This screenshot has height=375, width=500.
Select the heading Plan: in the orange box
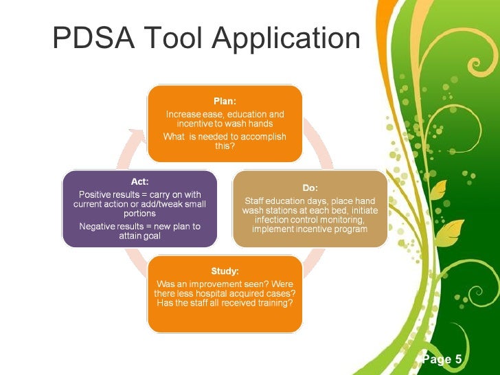(x=225, y=101)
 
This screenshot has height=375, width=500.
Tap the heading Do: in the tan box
(x=310, y=187)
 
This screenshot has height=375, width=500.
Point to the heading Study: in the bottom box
(x=225, y=271)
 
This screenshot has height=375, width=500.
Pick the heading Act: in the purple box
(x=139, y=181)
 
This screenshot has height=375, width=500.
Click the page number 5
(x=457, y=359)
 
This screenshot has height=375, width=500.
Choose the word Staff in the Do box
(x=256, y=201)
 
